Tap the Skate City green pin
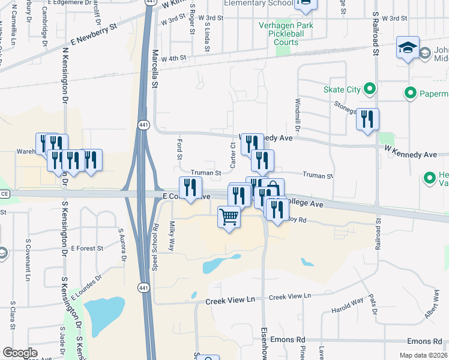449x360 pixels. pos(369,90)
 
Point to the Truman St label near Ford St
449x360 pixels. pos(206,173)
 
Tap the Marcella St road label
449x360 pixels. pos(154,69)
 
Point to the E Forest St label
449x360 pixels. pos(87,247)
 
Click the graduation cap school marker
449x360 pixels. pos(408,47)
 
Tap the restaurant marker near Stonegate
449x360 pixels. pos(367,119)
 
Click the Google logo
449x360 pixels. pos(20,353)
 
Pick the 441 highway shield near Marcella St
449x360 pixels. pos(143,124)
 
